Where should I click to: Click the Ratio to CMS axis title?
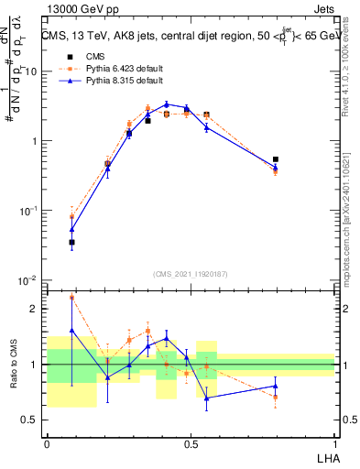[x=14, y=365]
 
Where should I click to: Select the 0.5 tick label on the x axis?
[x=190, y=442]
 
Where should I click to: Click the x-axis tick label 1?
[x=333, y=442]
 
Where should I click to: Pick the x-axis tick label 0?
[x=47, y=442]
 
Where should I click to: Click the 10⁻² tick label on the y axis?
[x=30, y=280]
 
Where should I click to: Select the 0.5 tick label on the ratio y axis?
[x=32, y=420]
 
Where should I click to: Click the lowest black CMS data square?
[x=71, y=243]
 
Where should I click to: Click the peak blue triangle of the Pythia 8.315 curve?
[x=166, y=104]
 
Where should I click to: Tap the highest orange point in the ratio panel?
[x=71, y=298]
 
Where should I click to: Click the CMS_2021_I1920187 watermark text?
[x=190, y=274]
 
